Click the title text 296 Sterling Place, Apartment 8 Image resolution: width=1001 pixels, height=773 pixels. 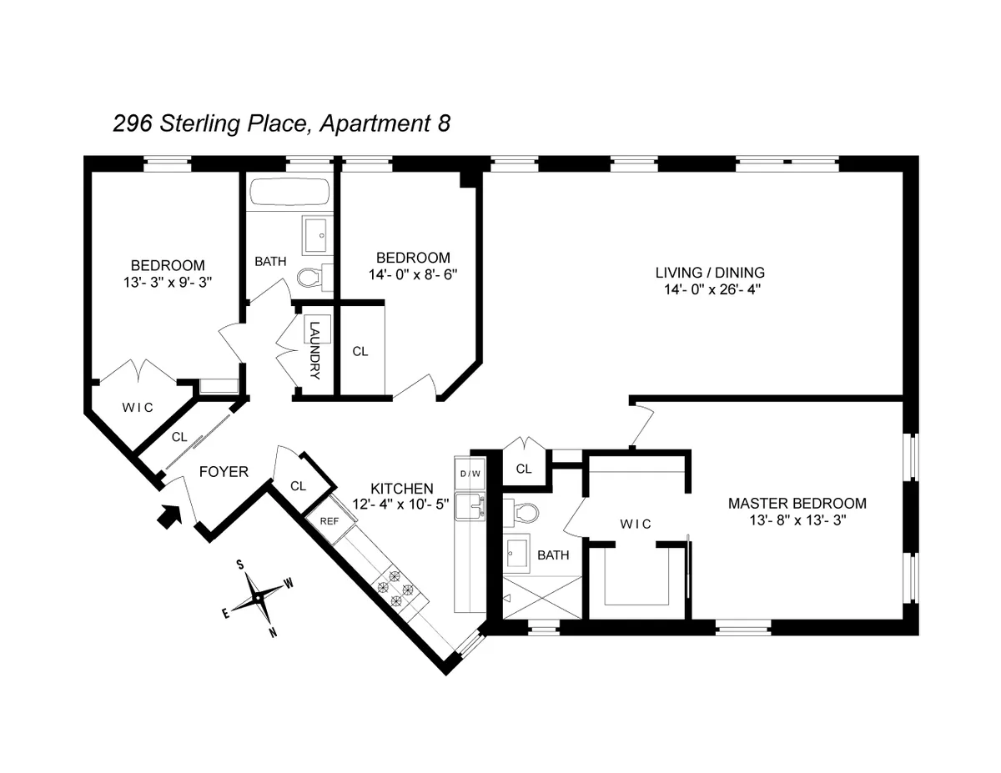click(282, 124)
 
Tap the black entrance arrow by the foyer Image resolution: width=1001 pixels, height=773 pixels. click(170, 517)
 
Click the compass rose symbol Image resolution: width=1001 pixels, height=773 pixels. click(259, 595)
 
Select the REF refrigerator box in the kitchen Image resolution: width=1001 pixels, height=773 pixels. click(329, 518)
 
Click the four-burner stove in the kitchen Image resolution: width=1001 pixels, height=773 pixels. click(396, 583)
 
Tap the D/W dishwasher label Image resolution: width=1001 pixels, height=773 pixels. click(470, 474)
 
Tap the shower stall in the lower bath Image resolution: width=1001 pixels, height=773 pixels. click(538, 599)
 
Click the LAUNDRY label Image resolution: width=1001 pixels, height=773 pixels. click(314, 350)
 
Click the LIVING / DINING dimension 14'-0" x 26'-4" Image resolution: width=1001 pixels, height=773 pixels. click(709, 289)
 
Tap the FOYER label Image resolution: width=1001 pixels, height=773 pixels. click(223, 472)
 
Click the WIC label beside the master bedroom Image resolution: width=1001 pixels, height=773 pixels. click(635, 523)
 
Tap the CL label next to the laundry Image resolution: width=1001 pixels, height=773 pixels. click(360, 351)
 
